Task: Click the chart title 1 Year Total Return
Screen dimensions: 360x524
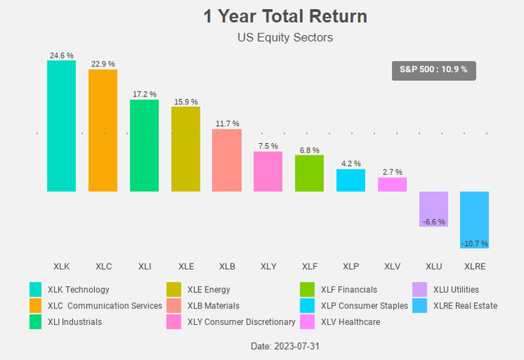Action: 262,16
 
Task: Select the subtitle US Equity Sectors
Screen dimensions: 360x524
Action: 262,37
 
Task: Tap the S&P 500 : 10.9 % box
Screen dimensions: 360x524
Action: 433,70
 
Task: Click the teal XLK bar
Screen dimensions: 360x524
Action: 61,126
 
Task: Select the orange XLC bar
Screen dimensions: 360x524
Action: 102,131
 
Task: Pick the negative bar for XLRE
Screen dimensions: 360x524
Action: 475,220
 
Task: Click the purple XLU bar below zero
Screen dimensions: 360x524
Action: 433,209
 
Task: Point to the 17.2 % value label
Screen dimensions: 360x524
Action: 144,94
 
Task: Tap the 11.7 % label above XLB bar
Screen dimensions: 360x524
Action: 227,124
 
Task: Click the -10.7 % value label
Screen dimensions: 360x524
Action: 475,243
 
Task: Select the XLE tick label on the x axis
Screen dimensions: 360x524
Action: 186,267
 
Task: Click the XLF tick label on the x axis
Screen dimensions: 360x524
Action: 309,267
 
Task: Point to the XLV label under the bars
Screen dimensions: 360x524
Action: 392,267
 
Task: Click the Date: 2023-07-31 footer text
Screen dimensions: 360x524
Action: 262,347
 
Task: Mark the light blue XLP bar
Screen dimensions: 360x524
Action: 350,180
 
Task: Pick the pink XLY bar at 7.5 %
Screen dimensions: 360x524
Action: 268,172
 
